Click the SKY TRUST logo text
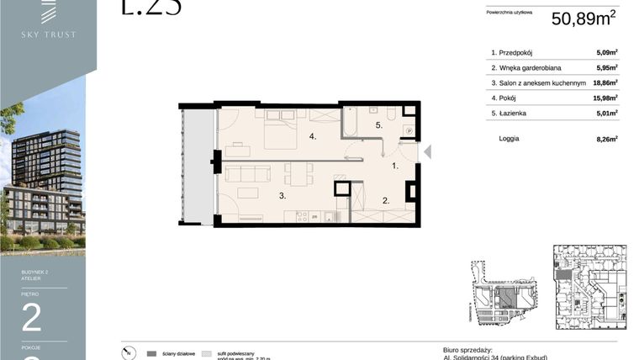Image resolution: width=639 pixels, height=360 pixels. [x=48, y=34]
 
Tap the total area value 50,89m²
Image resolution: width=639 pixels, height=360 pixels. [x=583, y=19]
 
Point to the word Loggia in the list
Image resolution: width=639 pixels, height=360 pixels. [x=509, y=138]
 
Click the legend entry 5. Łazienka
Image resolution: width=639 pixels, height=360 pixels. [x=513, y=113]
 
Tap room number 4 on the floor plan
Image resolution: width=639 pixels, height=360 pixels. [x=312, y=136]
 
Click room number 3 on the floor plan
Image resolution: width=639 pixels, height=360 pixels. [x=282, y=195]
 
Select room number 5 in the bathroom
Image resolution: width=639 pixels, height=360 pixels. [x=378, y=125]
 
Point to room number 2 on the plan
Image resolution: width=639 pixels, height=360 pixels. [x=385, y=200]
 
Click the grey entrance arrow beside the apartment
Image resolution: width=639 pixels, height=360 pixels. [x=426, y=152]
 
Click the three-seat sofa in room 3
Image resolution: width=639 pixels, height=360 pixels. [x=245, y=174]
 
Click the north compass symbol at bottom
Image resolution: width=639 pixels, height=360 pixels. [x=126, y=353]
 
